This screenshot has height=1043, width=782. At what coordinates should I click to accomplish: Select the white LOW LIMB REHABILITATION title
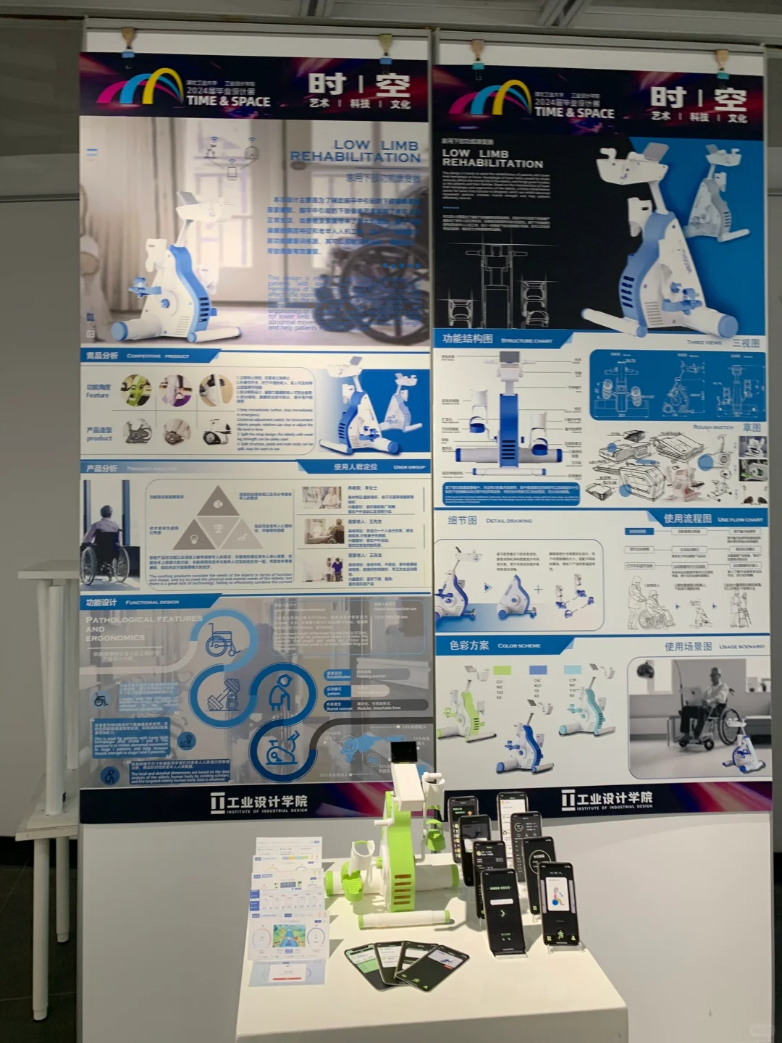(492, 158)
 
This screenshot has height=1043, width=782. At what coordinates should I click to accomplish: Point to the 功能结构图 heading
(468, 339)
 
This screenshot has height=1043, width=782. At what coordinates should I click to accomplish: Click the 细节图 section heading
(462, 520)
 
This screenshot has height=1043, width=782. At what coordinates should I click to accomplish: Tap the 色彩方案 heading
(468, 645)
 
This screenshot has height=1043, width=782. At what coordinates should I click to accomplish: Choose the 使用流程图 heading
(687, 519)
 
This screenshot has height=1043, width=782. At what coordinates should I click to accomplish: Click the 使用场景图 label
(688, 646)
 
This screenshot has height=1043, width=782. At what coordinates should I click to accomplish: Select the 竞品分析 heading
(102, 356)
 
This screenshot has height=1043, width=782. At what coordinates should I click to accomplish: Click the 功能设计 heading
(101, 603)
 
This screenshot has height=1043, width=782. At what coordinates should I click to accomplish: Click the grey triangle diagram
(216, 519)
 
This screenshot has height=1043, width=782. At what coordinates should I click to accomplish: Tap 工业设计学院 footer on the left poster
(259, 803)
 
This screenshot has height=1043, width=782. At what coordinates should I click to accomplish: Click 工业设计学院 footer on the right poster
(607, 799)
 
